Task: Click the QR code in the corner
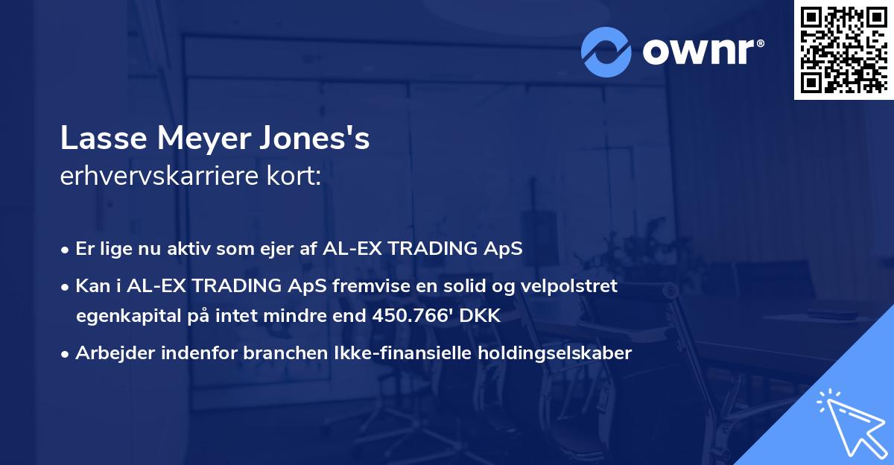pyautogui.click(x=844, y=49)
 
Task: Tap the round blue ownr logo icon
pyautogui.click(x=606, y=51)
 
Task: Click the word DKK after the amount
pyautogui.click(x=479, y=315)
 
